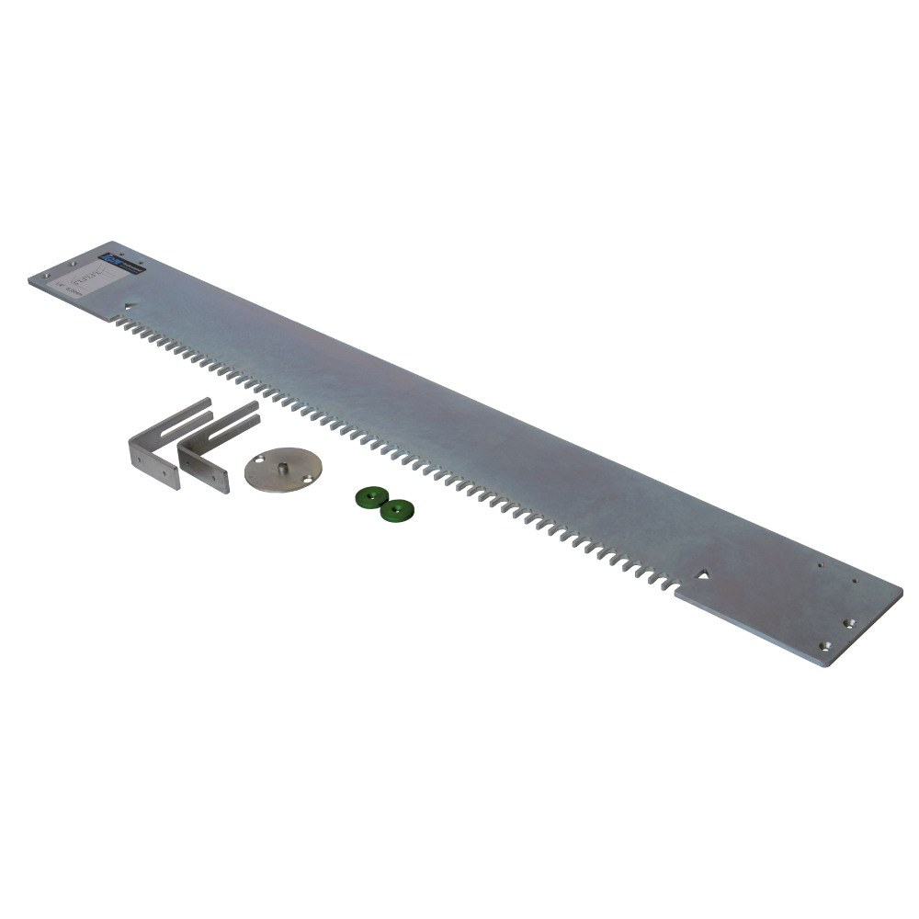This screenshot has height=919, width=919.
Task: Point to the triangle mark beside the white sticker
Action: click(130, 308)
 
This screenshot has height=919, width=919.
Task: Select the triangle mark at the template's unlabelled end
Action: click(703, 574)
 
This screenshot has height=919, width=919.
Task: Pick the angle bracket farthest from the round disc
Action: click(165, 441)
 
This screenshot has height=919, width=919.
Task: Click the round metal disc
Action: click(283, 470)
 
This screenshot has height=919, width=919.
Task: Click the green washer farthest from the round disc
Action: click(397, 509)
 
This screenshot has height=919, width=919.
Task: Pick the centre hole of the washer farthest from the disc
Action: click(397, 509)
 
